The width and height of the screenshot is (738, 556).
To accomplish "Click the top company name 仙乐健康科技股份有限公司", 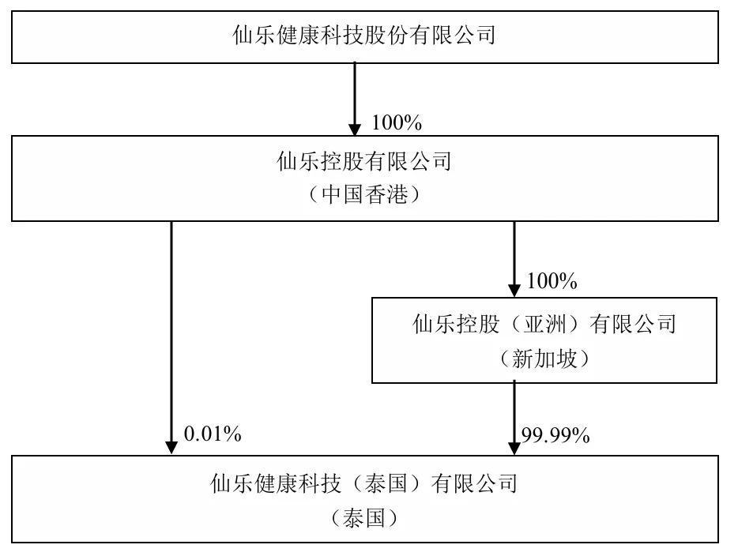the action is (364, 36).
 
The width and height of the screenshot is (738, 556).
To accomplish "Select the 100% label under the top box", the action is (397, 122).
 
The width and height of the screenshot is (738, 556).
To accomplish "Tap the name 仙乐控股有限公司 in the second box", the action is (364, 161).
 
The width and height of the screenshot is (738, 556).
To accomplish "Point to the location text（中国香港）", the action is (364, 193).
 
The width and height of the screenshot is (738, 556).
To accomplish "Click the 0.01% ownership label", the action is (213, 434).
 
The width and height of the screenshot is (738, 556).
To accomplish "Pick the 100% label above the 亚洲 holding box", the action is (552, 281).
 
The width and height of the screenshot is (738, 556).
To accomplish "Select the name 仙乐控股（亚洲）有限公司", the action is (544, 324).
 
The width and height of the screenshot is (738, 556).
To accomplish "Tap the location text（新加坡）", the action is (544, 359).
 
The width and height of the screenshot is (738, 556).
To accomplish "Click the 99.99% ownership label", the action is (555, 436).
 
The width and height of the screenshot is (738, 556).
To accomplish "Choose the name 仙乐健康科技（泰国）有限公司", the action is (364, 483).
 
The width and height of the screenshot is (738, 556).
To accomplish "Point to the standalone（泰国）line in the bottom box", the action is (364, 518).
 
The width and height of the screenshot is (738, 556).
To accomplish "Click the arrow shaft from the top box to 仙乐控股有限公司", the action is (355, 93).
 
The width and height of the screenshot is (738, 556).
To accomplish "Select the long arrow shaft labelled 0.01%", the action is (171, 332).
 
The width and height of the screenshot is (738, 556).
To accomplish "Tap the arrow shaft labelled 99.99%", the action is (514, 412).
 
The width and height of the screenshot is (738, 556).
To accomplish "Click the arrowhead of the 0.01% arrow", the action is (171, 448).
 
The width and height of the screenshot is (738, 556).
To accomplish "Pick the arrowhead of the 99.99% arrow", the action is (514, 449).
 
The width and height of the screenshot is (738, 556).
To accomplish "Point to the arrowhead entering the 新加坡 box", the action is (514, 290).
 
